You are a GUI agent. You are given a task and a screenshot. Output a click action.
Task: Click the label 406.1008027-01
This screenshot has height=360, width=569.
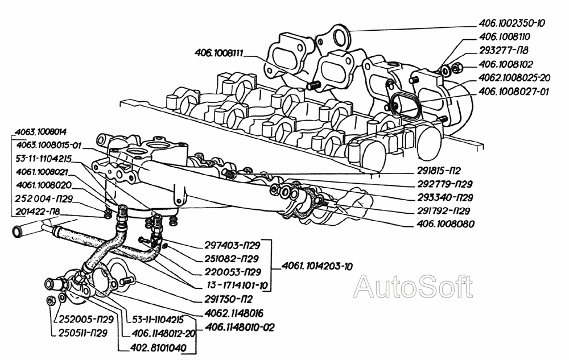(512, 91)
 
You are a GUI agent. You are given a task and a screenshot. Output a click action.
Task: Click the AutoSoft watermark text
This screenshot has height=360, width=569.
(413, 287)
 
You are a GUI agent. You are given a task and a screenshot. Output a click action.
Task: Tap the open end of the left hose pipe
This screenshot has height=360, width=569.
(17, 231)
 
